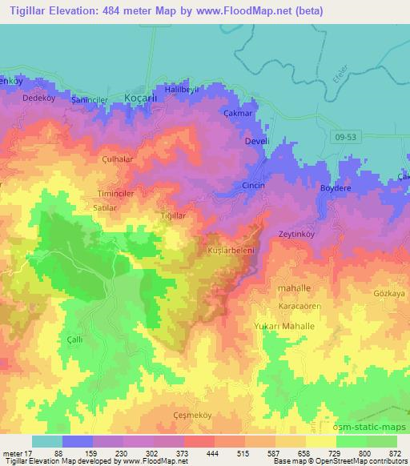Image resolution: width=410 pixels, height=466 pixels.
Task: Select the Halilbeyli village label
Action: coord(181,89)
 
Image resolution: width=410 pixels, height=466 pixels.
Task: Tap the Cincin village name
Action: coord(252,184)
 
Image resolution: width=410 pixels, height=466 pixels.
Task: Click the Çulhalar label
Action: coord(118,159)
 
